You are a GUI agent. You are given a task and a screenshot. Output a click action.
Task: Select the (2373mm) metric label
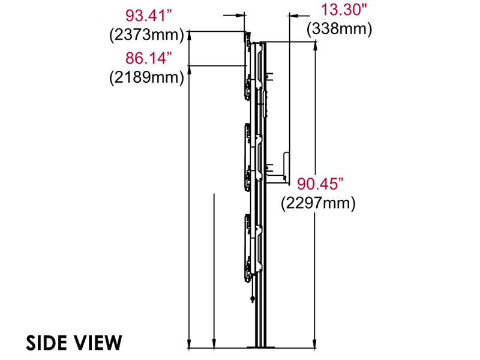coord(146,34)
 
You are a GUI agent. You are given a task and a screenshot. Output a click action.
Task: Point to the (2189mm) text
coord(146,78)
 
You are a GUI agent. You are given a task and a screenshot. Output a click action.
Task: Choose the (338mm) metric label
coord(339,28)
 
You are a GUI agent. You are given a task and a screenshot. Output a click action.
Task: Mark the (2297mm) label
coord(318,203)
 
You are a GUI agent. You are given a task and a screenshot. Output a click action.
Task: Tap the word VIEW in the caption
coord(98,343)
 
